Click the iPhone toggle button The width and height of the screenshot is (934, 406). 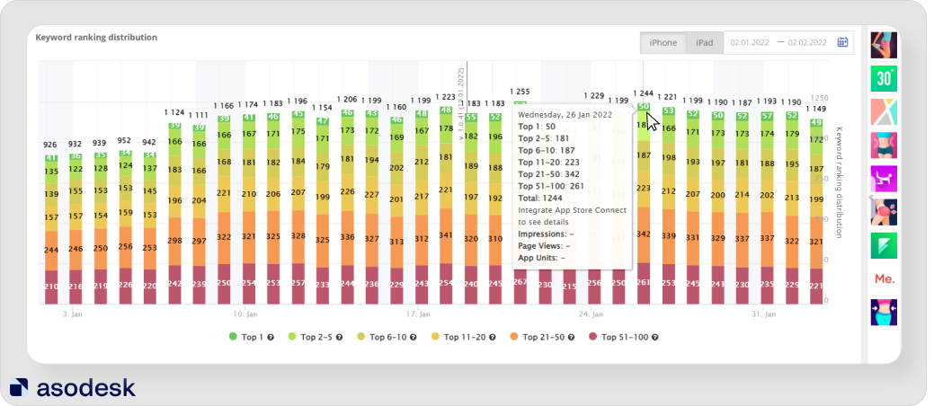(x=663, y=43)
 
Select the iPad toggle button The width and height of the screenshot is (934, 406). (x=705, y=43)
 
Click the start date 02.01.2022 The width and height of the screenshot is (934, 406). (x=748, y=42)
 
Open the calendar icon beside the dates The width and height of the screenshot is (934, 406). (x=842, y=42)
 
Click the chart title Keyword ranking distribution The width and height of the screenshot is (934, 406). (x=96, y=38)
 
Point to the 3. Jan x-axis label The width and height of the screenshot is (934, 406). (x=74, y=314)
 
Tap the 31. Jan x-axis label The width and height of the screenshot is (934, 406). (x=762, y=314)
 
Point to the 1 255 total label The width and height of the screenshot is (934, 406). (x=520, y=92)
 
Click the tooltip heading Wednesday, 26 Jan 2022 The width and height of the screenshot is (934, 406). (x=565, y=115)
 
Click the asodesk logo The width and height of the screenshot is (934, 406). (x=72, y=387)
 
